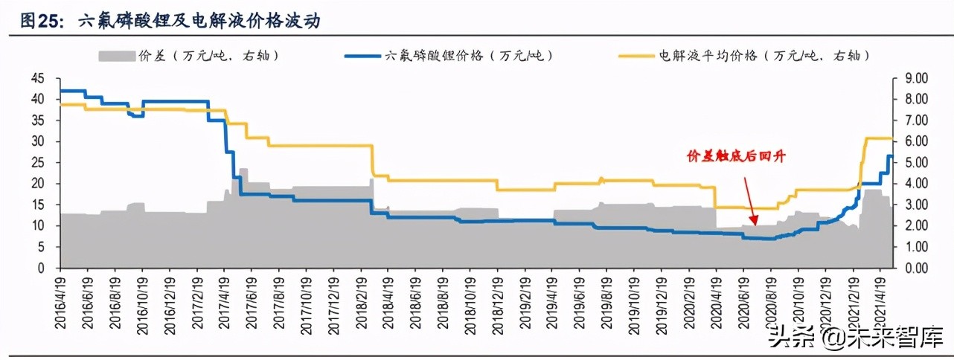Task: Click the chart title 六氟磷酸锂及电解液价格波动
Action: point(199,22)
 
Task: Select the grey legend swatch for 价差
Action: point(115,56)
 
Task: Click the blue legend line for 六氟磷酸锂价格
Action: point(362,56)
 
